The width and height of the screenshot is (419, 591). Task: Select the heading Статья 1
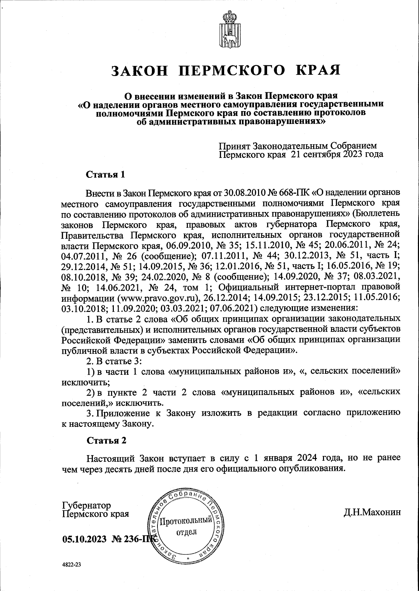click(105, 174)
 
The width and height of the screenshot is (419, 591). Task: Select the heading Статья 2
click(106, 441)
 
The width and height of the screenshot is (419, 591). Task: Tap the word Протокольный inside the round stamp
click(185, 522)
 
